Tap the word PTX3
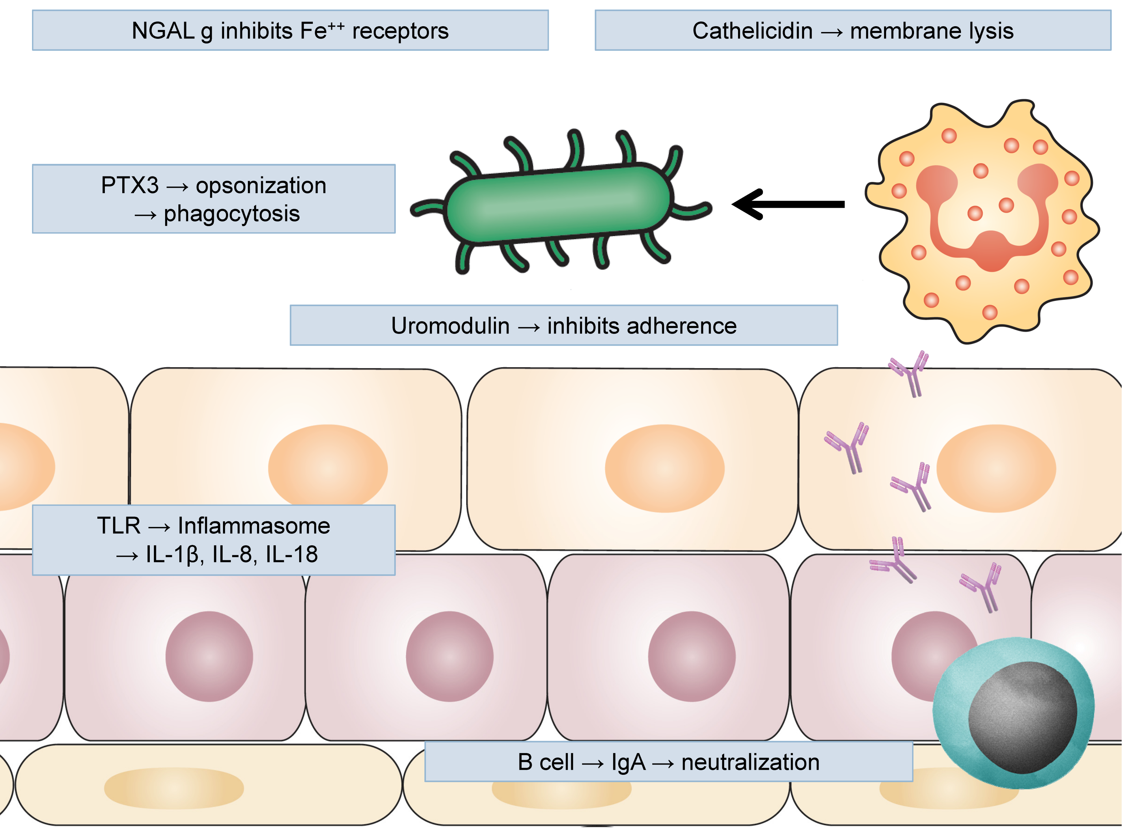pos(130,185)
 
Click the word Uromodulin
pos(450,326)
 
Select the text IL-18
pos(291,554)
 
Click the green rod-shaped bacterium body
pos(558,204)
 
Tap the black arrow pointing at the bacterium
pos(789,204)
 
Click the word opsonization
pos(260,185)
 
